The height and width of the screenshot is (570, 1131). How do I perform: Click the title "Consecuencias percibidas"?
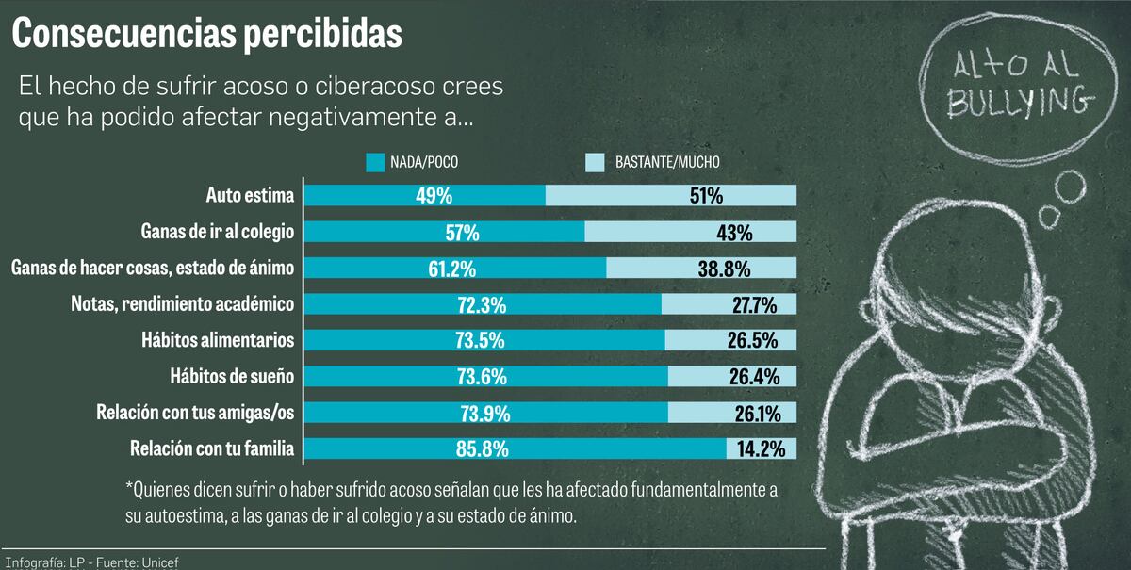click(206, 35)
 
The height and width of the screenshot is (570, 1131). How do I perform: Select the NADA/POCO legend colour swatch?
click(376, 162)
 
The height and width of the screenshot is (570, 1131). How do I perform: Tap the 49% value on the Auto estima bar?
click(434, 196)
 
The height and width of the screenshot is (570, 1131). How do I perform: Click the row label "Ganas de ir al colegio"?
click(217, 232)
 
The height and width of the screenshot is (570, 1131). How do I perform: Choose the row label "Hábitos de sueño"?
click(232, 377)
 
